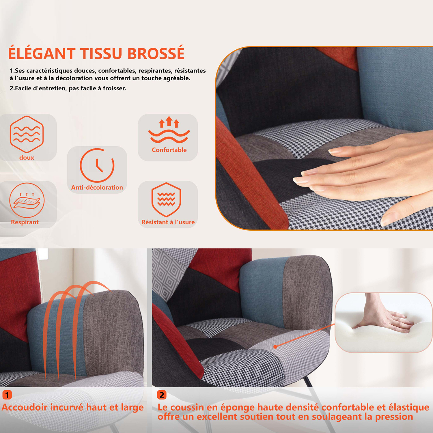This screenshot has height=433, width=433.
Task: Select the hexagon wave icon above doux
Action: point(27,134)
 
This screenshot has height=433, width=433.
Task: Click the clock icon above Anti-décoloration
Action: point(97,165)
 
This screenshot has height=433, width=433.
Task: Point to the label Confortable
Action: point(169,150)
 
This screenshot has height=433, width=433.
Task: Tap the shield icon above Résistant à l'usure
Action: point(166,199)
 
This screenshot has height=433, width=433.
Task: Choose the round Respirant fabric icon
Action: point(27,200)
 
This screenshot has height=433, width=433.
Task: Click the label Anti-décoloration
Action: point(97,187)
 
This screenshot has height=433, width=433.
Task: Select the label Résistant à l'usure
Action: point(168,222)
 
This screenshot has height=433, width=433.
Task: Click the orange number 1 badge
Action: point(7,395)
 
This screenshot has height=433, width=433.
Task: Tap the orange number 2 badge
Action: point(162,395)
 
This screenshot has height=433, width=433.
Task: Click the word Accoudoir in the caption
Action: point(25,407)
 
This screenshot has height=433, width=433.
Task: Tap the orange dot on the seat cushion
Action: point(275,347)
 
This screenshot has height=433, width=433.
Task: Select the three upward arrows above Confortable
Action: point(169,122)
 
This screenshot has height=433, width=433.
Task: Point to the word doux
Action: point(27,158)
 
